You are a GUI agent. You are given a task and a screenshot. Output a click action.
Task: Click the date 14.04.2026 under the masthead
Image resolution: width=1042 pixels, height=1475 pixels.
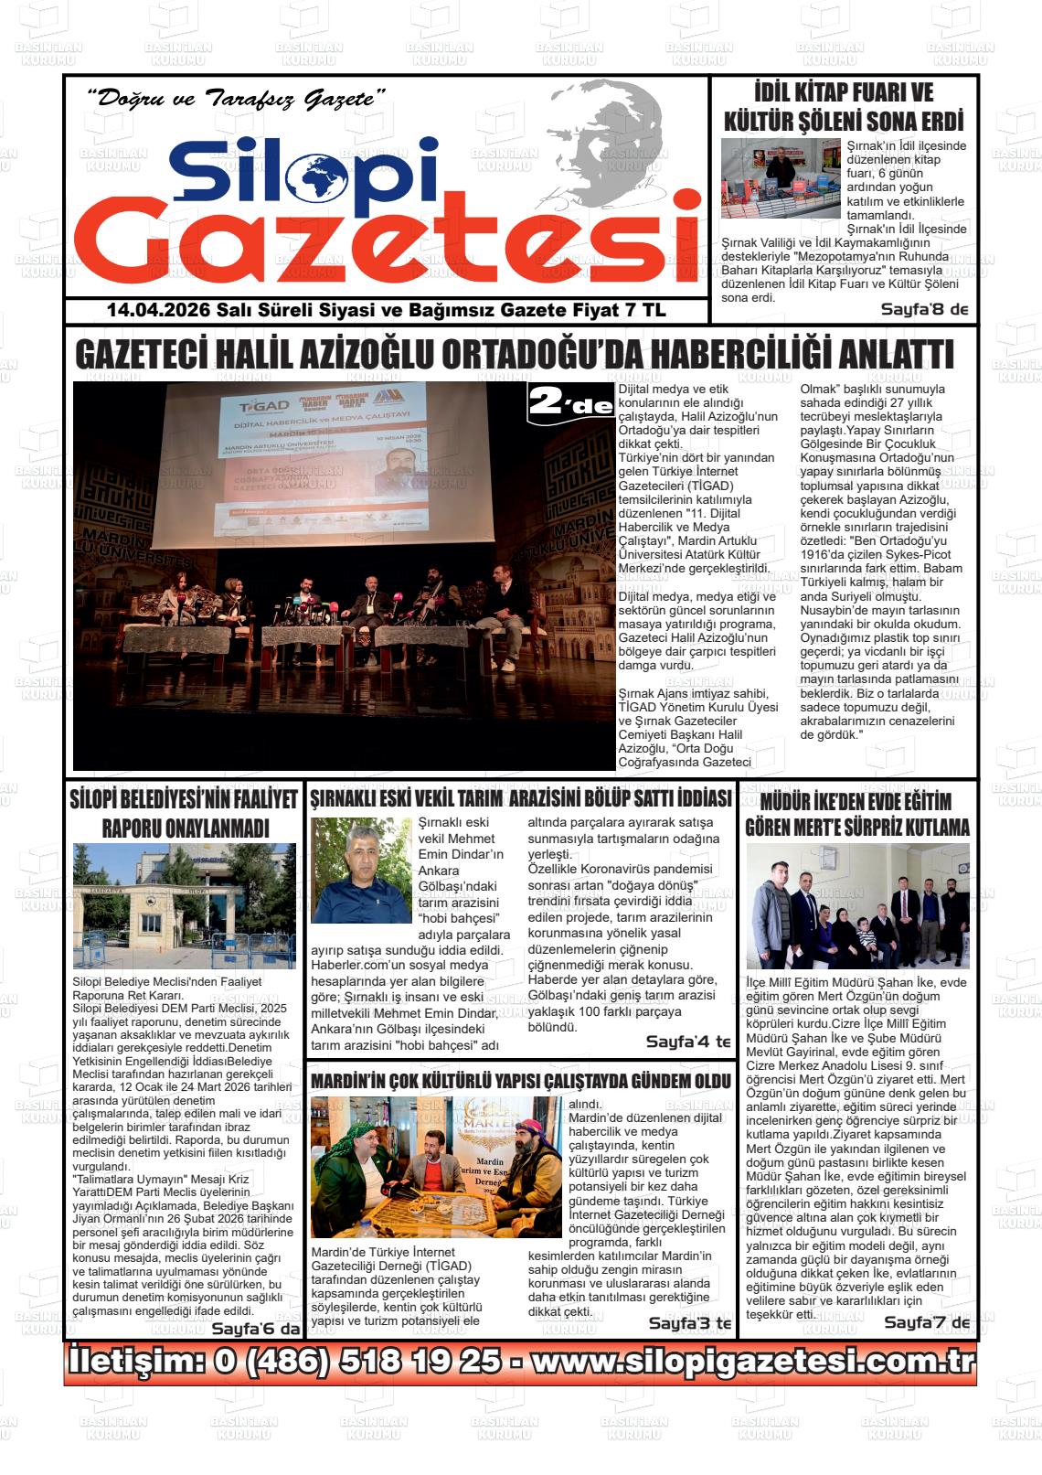click(158, 311)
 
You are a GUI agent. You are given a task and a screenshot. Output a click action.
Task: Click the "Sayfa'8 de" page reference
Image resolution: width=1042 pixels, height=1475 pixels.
click(924, 310)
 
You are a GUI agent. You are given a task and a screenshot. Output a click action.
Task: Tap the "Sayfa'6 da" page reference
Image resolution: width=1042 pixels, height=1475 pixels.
click(255, 1329)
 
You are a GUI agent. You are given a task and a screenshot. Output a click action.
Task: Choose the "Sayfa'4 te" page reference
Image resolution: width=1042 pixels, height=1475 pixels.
click(688, 1042)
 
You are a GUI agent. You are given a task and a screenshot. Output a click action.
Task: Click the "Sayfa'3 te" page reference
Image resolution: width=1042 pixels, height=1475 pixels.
click(690, 1323)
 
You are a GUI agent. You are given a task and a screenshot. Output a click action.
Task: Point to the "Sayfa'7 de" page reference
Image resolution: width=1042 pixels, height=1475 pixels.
click(926, 1322)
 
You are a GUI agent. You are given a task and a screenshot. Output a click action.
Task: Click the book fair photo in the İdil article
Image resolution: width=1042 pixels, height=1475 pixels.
click(780, 177)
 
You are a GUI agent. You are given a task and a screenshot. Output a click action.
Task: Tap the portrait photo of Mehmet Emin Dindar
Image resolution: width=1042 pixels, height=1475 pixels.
click(361, 871)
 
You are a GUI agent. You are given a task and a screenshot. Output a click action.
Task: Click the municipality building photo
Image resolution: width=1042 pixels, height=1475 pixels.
click(184, 906)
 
